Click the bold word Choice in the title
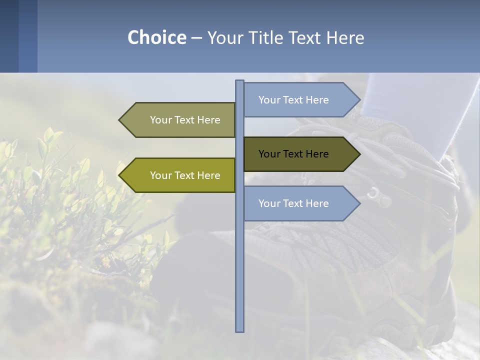(156, 38)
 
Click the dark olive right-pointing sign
(300, 154)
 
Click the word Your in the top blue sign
(269, 100)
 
